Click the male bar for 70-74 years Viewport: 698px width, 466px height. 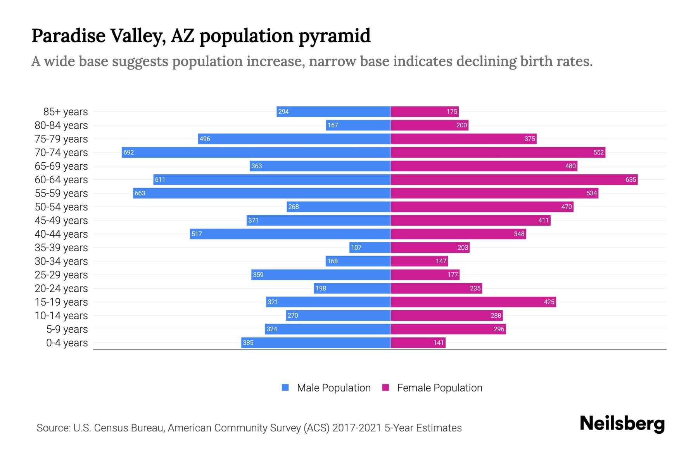[x=256, y=152]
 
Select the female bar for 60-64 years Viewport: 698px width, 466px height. [x=514, y=179]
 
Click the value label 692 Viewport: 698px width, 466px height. [x=128, y=152]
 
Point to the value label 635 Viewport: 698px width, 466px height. [x=631, y=179]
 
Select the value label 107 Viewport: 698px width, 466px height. [x=356, y=247]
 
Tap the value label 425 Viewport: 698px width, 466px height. [x=549, y=302]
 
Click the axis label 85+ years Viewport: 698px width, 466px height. [x=65, y=112]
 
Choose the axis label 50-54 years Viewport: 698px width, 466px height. [x=61, y=207]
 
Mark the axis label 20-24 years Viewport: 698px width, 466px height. [x=61, y=289]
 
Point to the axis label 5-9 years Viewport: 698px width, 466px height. [x=67, y=329]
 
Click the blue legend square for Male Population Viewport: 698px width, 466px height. [x=285, y=388]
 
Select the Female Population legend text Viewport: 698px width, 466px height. [x=439, y=388]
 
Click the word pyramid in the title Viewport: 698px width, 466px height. [x=334, y=36]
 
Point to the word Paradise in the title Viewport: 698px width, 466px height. [x=68, y=36]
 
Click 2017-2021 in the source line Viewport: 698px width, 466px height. [x=356, y=428]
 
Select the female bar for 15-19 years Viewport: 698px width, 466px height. [x=473, y=302]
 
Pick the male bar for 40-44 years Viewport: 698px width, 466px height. [x=290, y=234]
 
